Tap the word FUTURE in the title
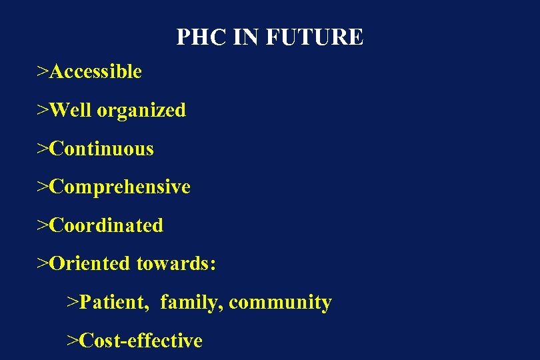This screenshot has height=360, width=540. pyautogui.click(x=315, y=37)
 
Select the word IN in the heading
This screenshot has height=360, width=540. pyautogui.click(x=246, y=37)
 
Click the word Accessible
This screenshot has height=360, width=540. pyautogui.click(x=95, y=71)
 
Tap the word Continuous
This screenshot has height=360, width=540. pyautogui.click(x=101, y=149)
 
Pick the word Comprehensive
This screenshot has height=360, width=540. pyautogui.click(x=120, y=187)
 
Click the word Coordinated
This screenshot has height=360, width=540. pyautogui.click(x=106, y=225)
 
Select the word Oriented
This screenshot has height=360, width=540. pyautogui.click(x=90, y=263)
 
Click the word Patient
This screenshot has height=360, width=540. pyautogui.click(x=115, y=303)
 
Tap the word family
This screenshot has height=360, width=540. pyautogui.click(x=191, y=303)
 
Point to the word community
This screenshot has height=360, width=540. pyautogui.click(x=280, y=303)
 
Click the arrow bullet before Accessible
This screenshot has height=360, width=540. pyautogui.click(x=43, y=71)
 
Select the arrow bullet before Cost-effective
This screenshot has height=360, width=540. pyautogui.click(x=73, y=341)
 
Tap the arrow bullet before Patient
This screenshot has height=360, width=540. pyautogui.click(x=73, y=303)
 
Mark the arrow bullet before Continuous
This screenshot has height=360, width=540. pyautogui.click(x=43, y=149)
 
